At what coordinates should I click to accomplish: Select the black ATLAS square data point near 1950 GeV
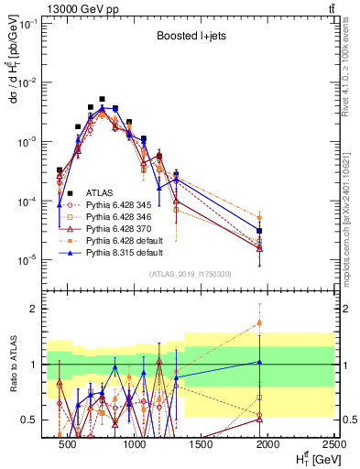coord(260,231)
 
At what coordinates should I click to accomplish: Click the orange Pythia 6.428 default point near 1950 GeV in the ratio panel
coord(260,322)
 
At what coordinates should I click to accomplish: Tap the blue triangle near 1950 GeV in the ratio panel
coord(260,362)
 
